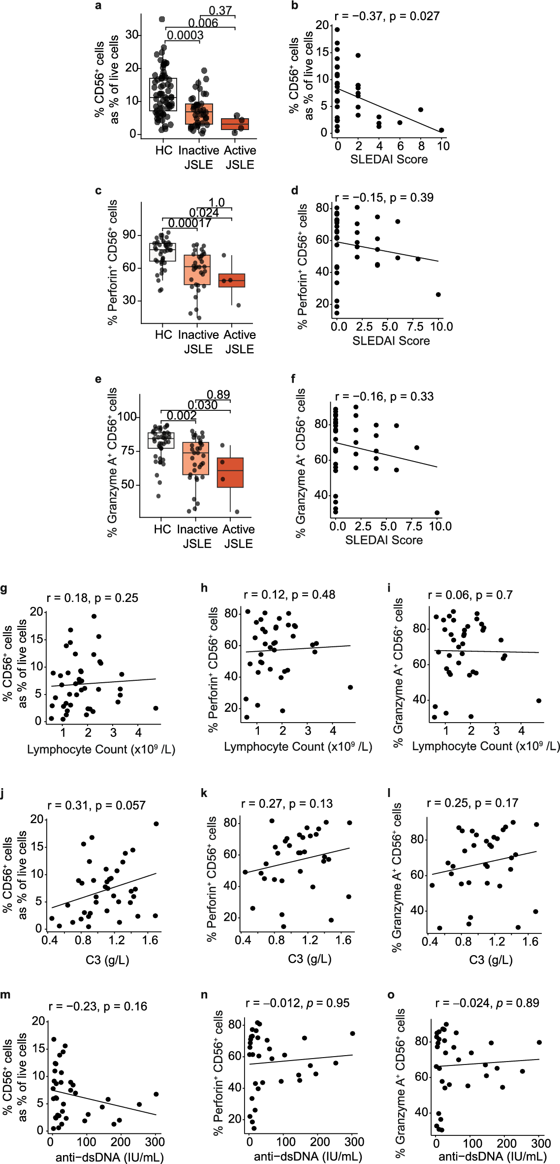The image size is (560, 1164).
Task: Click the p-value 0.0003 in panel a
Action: [185, 35]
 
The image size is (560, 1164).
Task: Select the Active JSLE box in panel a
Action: [235, 124]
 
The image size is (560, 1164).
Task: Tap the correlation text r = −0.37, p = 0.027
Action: [387, 16]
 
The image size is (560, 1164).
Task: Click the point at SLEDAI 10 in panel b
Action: [441, 130]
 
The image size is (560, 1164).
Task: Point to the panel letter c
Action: [98, 191]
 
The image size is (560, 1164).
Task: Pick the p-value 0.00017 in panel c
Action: [189, 223]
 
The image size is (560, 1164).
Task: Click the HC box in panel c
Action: [162, 252]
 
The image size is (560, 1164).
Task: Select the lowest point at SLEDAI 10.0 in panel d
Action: [438, 295]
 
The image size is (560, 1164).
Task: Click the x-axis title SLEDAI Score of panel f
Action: [384, 540]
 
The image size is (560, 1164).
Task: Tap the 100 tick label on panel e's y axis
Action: [126, 417]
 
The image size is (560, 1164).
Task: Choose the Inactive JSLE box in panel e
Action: [195, 458]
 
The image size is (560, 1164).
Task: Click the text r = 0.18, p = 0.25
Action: [93, 598]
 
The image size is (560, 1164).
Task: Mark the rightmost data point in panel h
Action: [350, 687]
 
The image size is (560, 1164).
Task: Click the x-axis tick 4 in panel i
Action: [522, 731]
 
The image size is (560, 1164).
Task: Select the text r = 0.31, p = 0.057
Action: [96, 805]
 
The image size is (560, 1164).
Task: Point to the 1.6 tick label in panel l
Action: [530, 942]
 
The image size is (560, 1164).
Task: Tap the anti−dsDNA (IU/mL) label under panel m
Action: [109, 1157]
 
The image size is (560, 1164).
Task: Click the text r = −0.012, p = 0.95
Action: [297, 1003]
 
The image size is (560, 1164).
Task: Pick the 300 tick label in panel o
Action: [541, 1143]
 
